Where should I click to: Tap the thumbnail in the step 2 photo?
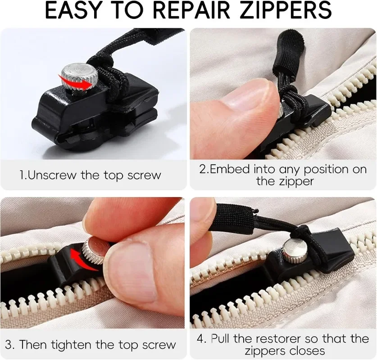[x=245, y=98]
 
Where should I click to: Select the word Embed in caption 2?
[x=230, y=170]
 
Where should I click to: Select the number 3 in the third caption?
[x=10, y=346]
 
